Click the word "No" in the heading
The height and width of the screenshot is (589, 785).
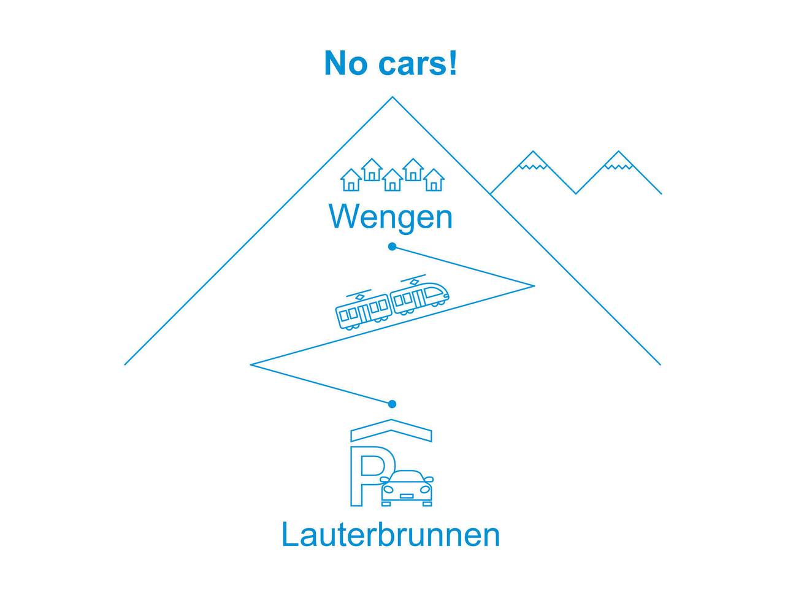[x=345, y=63]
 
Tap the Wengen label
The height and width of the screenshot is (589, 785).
[x=391, y=217]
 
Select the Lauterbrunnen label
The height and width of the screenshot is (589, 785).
[x=391, y=534]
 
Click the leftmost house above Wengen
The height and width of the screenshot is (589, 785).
[x=351, y=180]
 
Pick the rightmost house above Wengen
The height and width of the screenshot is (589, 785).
[x=434, y=180]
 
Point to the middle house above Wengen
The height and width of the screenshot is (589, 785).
[x=392, y=180]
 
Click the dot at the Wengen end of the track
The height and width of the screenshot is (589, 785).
[x=392, y=247]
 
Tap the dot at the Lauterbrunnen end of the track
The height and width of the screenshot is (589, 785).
[x=392, y=404]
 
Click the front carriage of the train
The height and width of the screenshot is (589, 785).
[x=420, y=297]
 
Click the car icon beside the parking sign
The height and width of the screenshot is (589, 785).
[x=407, y=488]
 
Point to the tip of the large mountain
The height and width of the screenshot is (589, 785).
[x=392, y=98]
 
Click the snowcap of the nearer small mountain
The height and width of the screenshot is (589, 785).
[x=533, y=160]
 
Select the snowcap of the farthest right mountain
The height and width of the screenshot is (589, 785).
[x=618, y=160]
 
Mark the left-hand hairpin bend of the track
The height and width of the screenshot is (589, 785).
[x=251, y=364]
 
